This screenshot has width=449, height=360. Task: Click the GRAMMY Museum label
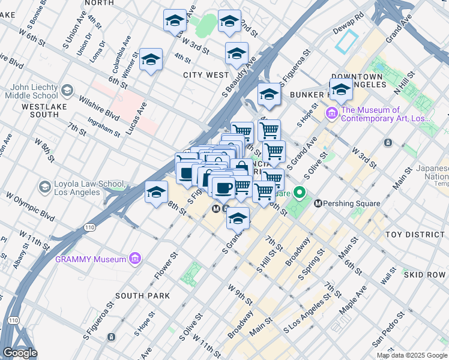coord(90,259)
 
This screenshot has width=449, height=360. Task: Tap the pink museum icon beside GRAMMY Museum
coord(136,259)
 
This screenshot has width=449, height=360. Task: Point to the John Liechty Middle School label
coord(33,91)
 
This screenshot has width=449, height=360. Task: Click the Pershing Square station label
coord(352,203)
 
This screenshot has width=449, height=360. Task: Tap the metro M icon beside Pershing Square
coord(318,204)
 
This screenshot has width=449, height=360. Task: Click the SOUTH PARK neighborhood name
coord(142,296)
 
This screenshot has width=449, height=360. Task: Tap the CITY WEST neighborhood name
coord(206,75)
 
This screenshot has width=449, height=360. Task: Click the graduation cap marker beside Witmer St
coord(151,59)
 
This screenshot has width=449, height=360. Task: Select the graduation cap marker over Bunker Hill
coord(341,90)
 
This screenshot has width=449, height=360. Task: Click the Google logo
coord(20,353)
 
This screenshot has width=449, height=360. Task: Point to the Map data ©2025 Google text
coord(411,355)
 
